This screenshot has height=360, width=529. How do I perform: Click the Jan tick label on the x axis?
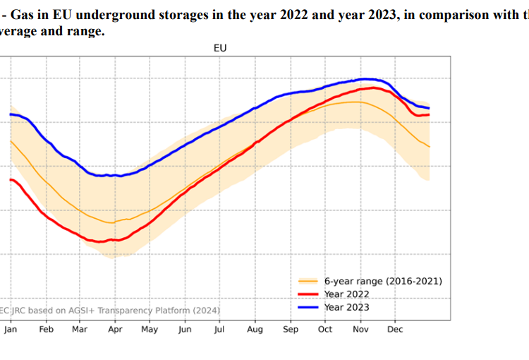tap(11, 329)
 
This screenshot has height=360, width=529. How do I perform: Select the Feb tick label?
tap(46, 329)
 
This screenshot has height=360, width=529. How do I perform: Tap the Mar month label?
tap(80, 329)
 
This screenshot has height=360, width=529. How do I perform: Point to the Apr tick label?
tap(115, 329)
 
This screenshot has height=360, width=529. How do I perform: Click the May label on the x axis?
tap(150, 329)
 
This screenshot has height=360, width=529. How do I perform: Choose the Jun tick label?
tap(185, 329)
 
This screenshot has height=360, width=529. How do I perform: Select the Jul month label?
tap(219, 329)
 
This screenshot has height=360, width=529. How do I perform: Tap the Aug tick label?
tap(255, 329)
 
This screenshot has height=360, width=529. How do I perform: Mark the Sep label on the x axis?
tap(290, 329)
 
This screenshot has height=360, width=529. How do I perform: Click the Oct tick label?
tap(325, 329)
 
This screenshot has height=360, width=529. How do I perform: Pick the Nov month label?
tap(360, 329)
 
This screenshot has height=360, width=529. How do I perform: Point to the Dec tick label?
tap(395, 329)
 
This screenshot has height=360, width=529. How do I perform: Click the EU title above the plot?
tap(220, 48)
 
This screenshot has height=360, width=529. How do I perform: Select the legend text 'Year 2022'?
tap(346, 294)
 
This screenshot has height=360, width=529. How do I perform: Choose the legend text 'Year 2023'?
tap(346, 307)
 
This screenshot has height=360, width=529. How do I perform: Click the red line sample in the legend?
tap(308, 294)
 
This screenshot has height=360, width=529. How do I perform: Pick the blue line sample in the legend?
tap(308, 307)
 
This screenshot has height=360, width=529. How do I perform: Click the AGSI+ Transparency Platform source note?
tap(110, 310)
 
